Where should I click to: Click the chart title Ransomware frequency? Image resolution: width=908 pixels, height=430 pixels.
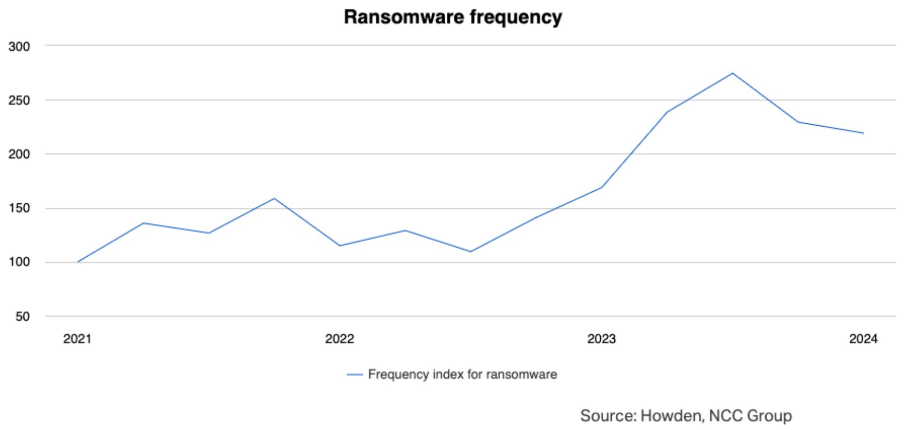coord(453,17)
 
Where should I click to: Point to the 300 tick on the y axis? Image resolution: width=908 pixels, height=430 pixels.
coord(19,47)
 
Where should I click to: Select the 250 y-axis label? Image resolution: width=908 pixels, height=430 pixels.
coord(19,100)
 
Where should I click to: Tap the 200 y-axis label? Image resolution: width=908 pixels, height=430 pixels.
coord(19,154)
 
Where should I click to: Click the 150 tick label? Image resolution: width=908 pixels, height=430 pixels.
coord(19,208)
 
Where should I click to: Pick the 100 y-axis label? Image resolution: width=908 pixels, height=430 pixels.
coord(19,262)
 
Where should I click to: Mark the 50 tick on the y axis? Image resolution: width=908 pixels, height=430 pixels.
coord(22,316)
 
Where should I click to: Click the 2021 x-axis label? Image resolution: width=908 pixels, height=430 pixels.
coord(77,339)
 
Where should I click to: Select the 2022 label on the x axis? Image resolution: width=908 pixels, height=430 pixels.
coord(339,339)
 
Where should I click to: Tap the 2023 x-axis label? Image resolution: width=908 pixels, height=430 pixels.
coord(601,339)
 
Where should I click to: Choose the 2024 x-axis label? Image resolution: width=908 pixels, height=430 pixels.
coord(863,339)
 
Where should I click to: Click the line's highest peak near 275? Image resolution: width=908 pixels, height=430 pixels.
coord(732,73)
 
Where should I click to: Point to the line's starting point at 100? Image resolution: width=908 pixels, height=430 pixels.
coord(78,262)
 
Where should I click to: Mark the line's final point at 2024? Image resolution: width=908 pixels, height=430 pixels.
coord(863,133)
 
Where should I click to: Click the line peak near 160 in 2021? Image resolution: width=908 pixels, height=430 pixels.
coord(274,198)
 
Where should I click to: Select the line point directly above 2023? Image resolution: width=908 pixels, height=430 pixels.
coord(602,187)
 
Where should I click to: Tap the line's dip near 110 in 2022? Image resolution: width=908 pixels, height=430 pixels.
coord(471,251)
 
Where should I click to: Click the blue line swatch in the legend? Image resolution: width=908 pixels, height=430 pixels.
coord(355,375)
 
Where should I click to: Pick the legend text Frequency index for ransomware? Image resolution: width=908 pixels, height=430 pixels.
coord(462,375)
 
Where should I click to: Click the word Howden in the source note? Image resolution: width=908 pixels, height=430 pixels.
coord(671,416)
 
